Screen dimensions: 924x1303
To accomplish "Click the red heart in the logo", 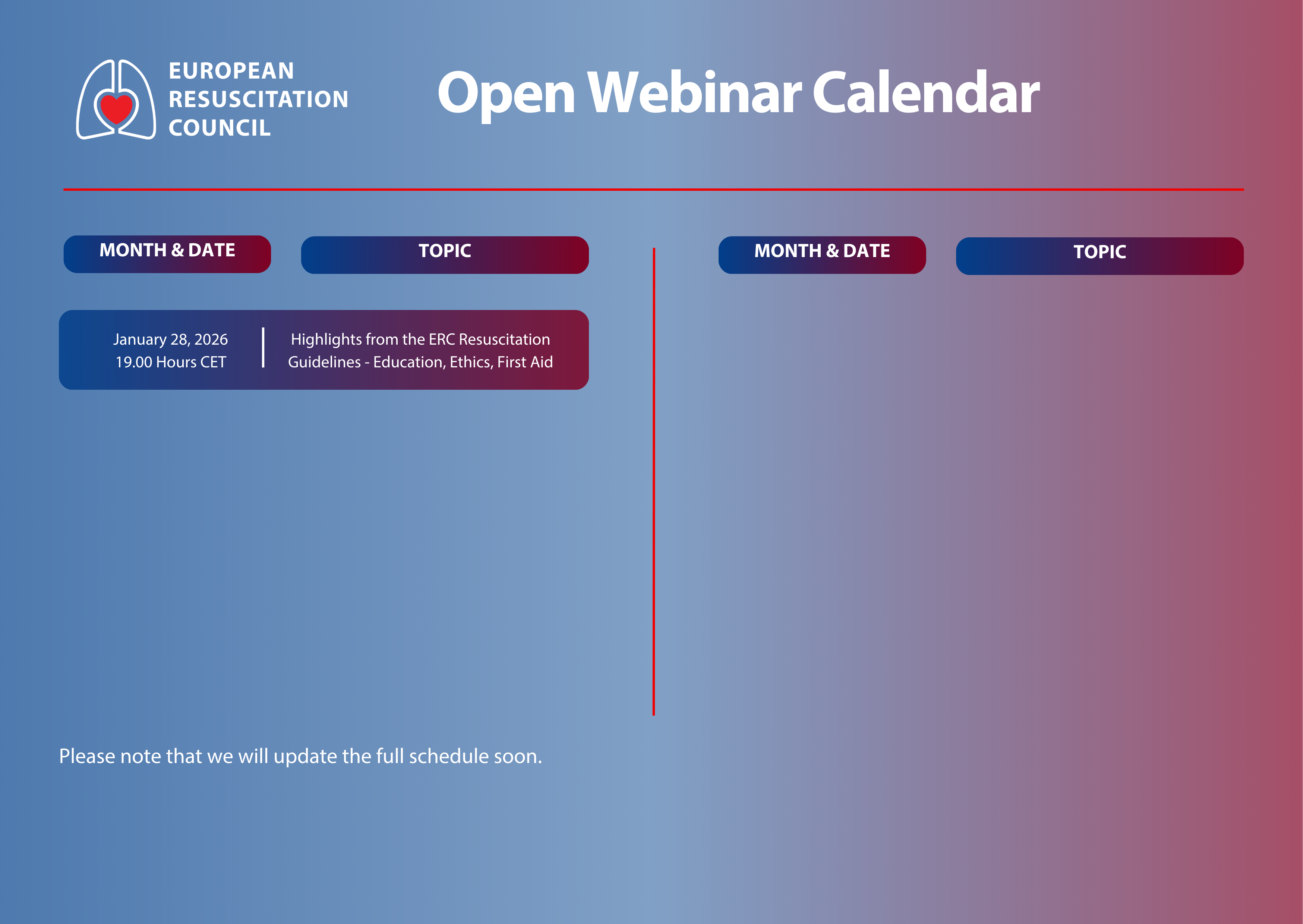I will [116, 108].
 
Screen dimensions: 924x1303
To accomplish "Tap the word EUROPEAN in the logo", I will [231, 71].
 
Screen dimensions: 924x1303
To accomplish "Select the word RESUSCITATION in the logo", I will [258, 99].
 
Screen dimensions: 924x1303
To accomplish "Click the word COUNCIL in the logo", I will [220, 128].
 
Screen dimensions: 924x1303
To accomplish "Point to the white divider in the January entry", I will [263, 347].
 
